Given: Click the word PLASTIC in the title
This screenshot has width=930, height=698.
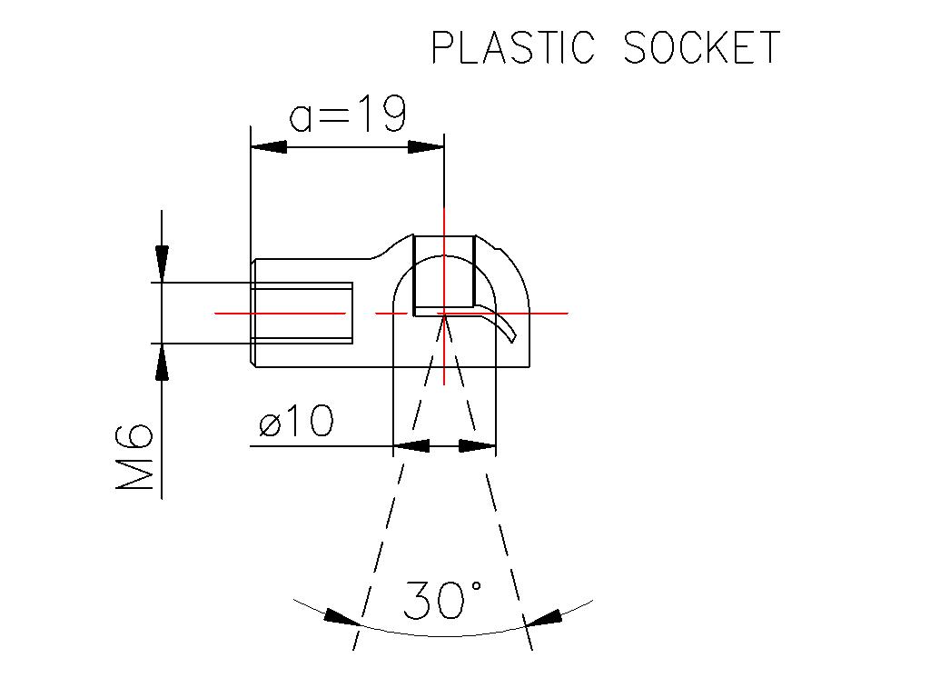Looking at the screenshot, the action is pyautogui.click(x=514, y=47).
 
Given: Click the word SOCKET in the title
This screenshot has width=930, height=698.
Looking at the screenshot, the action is pyautogui.click(x=702, y=47).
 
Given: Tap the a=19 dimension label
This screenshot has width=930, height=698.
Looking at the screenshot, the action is pyautogui.click(x=348, y=113).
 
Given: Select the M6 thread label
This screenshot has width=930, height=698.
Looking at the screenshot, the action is pyautogui.click(x=134, y=456).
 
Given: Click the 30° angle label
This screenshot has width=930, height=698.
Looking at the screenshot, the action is pyautogui.click(x=442, y=600).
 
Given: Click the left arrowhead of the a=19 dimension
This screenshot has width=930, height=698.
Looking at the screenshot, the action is pyautogui.click(x=269, y=146).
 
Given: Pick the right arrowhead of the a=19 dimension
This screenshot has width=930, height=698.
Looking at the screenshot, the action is pyautogui.click(x=426, y=146).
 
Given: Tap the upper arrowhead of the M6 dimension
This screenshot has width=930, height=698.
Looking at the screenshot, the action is pyautogui.click(x=162, y=264).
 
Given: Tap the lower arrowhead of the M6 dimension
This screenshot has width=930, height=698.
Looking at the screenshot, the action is pyautogui.click(x=162, y=362).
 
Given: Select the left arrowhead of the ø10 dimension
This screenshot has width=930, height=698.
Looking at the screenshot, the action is pyautogui.click(x=411, y=445).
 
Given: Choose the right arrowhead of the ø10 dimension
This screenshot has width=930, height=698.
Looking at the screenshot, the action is pyautogui.click(x=478, y=445).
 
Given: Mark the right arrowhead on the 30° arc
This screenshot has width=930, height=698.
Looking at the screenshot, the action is pyautogui.click(x=543, y=617).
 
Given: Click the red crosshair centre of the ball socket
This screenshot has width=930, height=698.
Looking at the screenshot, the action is pyautogui.click(x=443, y=313).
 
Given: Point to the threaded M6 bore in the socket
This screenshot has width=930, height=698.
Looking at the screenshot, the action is pyautogui.click(x=302, y=313).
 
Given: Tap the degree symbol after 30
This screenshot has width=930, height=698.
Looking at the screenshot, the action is pyautogui.click(x=476, y=587).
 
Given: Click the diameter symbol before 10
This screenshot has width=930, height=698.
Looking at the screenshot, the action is pyautogui.click(x=270, y=424).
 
